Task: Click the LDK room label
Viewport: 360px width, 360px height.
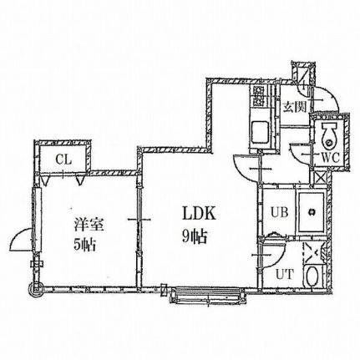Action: (x=200, y=214)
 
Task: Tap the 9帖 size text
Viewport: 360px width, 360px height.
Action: (x=195, y=237)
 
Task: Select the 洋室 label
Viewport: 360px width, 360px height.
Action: (x=89, y=226)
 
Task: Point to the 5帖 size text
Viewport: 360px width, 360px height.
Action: (x=84, y=245)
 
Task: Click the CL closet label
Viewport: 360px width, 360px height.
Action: (x=63, y=160)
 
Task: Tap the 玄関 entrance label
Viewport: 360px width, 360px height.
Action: (x=295, y=107)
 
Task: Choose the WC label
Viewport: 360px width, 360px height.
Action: (x=331, y=158)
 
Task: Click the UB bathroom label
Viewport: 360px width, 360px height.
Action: (x=279, y=213)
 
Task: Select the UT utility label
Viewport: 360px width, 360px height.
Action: (x=285, y=275)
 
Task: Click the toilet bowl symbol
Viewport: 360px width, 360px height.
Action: (x=330, y=136)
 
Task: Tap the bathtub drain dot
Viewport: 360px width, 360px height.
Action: (x=312, y=212)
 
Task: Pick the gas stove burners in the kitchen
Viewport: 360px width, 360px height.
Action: (x=258, y=96)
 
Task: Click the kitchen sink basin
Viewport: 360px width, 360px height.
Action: (x=260, y=131)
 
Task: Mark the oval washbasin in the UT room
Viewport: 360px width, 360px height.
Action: (x=312, y=276)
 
